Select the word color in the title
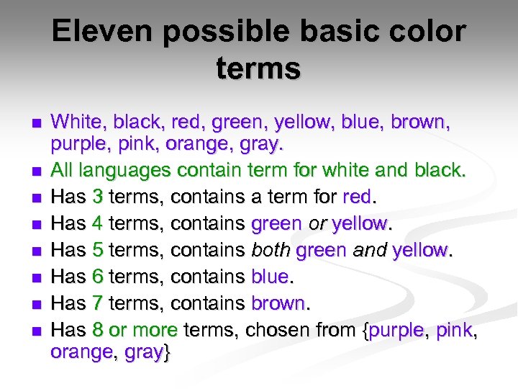[427, 32]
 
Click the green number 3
[99, 197]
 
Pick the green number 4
[99, 224]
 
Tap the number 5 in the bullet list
[99, 250]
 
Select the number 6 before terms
[99, 276]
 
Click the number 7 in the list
[99, 303]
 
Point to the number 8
[99, 329]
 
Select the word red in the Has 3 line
[358, 197]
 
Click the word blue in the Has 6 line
[269, 276]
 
